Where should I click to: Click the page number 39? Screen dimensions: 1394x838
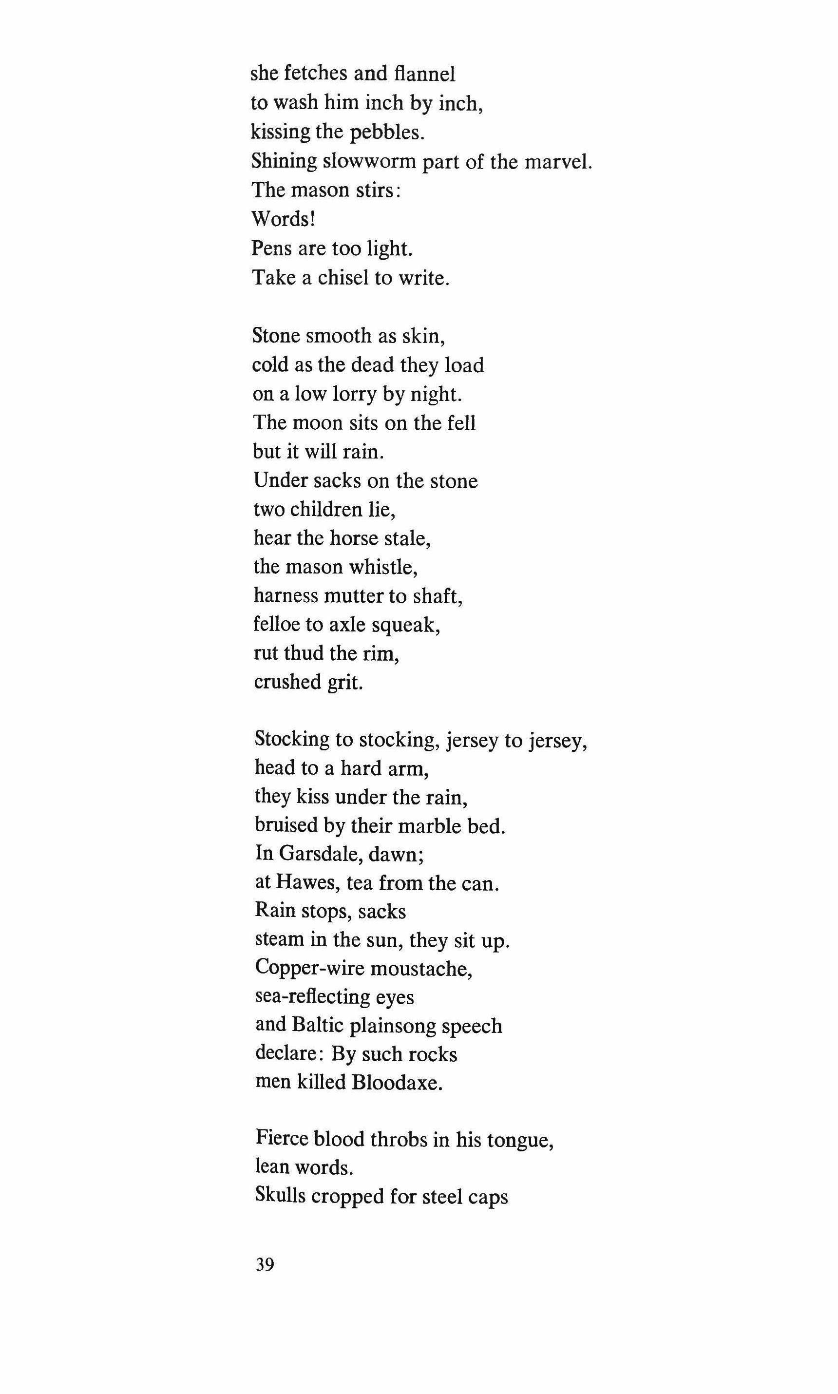pos(265,1265)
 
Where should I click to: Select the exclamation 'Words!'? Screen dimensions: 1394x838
pos(283,218)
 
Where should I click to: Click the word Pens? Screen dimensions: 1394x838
pos(271,248)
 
